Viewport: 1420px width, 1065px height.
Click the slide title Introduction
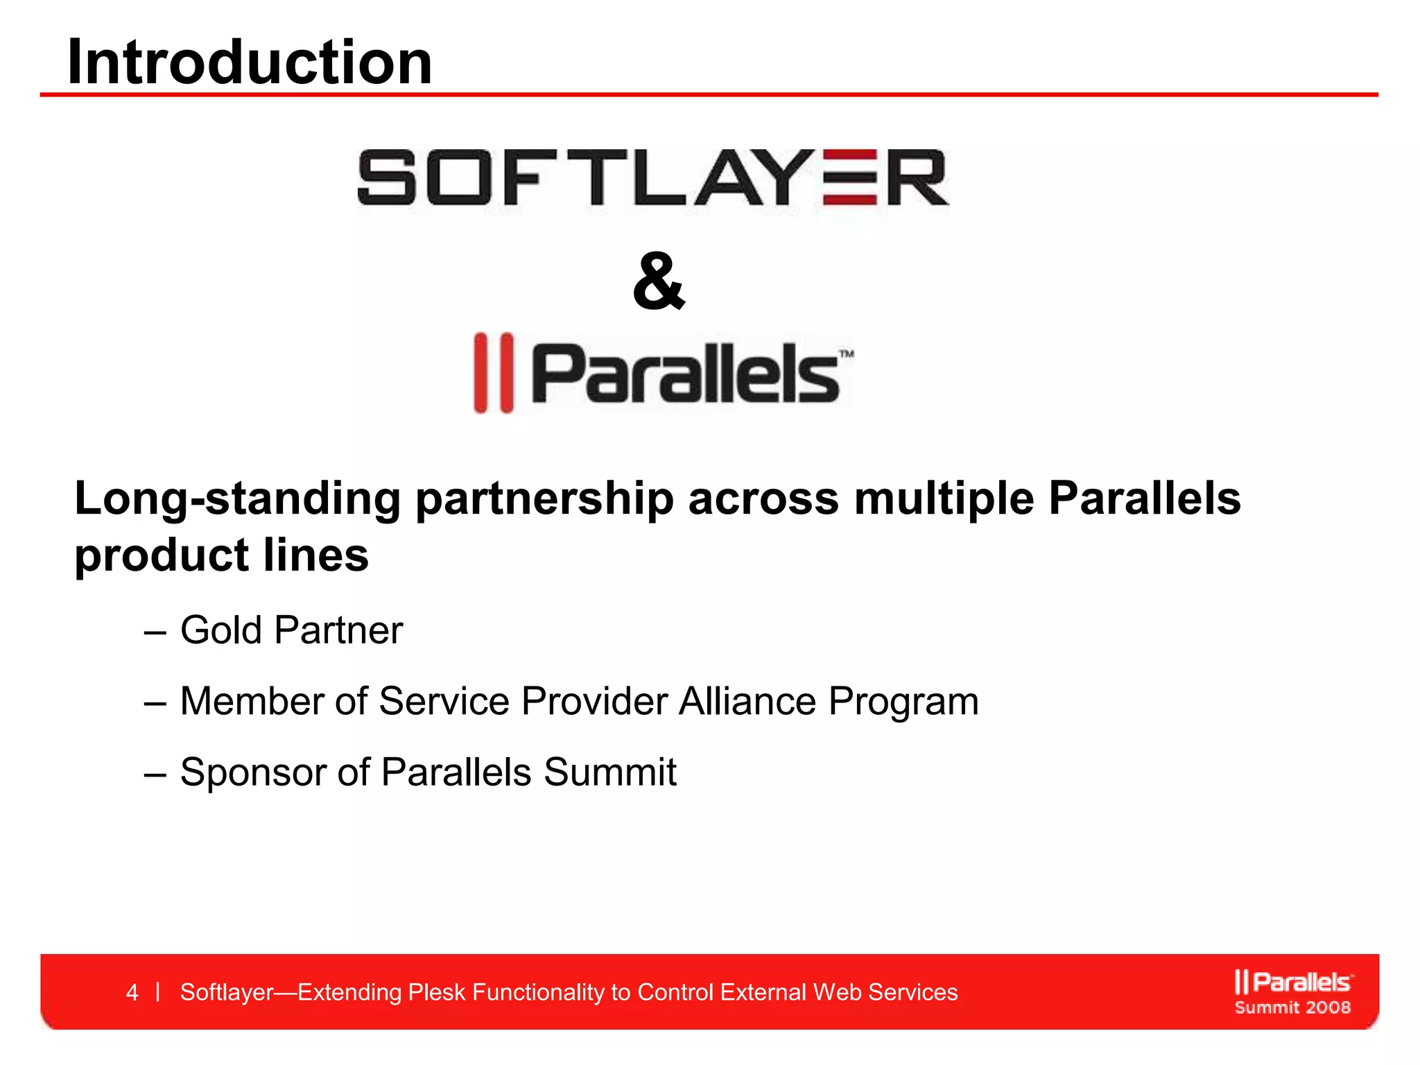[250, 62]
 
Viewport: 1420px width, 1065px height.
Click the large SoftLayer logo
[652, 177]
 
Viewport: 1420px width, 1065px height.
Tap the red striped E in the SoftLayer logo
[850, 178]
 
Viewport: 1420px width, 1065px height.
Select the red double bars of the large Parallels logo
[494, 373]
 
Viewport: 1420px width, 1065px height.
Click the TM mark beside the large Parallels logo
[847, 354]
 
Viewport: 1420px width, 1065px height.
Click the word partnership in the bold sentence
[544, 499]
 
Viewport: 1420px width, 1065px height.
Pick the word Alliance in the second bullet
[747, 701]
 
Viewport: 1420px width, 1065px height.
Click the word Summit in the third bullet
[610, 772]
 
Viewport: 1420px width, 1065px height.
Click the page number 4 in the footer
[132, 992]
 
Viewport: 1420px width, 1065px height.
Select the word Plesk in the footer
[437, 992]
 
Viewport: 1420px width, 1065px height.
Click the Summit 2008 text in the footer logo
[1292, 1007]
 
